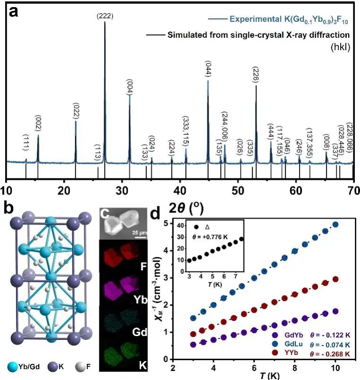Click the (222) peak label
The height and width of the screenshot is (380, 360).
coord(104,16)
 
